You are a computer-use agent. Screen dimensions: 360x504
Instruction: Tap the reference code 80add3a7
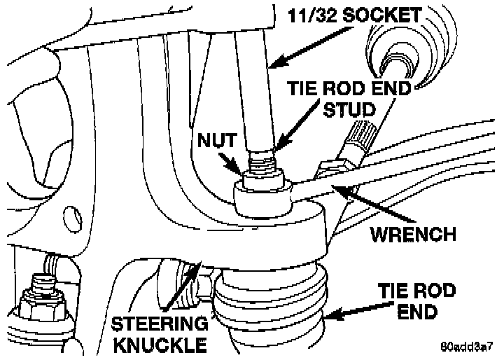click(468, 347)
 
